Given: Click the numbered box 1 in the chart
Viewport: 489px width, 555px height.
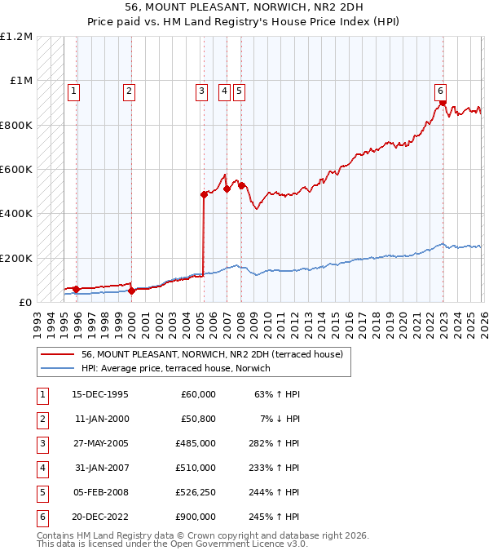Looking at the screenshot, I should (x=74, y=91).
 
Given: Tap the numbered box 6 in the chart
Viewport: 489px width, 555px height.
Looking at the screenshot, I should (x=440, y=91).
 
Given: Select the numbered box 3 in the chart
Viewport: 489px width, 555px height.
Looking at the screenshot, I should (x=201, y=91).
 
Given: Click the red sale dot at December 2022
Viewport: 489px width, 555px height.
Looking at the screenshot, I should (x=443, y=103).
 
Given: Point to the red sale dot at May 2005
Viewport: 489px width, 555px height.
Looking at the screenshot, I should (x=204, y=194).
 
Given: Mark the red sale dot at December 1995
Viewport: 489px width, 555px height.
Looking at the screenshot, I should (x=77, y=289).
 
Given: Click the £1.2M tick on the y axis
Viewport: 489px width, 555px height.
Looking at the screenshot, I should (x=16, y=37).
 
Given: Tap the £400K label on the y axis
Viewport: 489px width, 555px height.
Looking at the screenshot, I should (x=16, y=214).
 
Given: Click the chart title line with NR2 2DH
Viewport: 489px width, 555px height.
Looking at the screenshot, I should (x=244, y=7).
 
